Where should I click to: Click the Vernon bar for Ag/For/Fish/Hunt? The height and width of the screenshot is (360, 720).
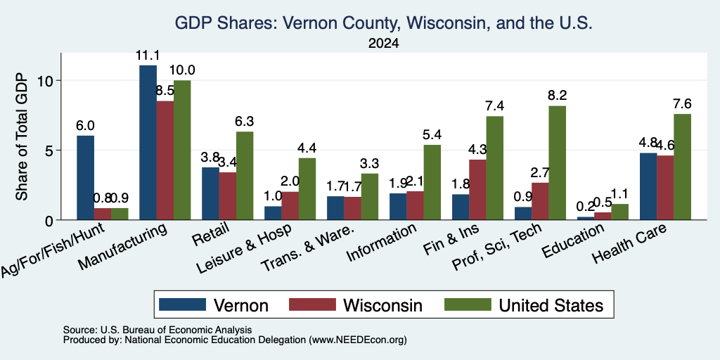point(85,178)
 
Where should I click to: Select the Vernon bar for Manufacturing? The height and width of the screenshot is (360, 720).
point(148,142)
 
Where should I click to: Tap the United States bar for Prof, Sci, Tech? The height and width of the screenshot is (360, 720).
point(557,163)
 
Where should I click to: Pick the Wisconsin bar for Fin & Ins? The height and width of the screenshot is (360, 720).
point(477,190)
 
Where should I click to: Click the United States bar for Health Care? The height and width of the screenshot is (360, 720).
point(682,167)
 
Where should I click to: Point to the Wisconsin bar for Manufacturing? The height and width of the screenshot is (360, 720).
point(165,161)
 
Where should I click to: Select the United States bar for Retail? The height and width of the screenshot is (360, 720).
point(245,176)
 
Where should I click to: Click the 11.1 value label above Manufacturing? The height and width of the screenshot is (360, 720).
point(148,56)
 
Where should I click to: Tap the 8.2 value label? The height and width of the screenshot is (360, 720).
point(558,96)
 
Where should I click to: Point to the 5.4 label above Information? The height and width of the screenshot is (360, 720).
point(432,134)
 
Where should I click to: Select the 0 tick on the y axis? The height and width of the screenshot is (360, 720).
point(50,220)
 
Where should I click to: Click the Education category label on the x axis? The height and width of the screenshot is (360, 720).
point(574,240)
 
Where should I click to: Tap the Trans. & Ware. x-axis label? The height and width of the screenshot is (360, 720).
point(308,247)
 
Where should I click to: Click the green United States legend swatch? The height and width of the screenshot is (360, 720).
point(468,305)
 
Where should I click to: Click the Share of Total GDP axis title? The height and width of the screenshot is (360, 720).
point(22,136)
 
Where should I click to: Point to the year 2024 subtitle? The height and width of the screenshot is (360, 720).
point(383,44)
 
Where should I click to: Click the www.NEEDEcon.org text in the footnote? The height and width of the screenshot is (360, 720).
point(358,340)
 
